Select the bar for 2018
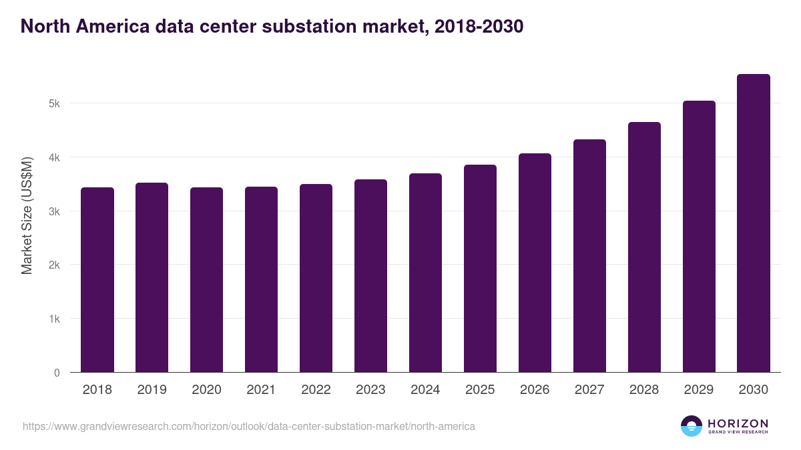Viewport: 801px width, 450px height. pos(97,280)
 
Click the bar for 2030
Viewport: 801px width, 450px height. pos(754,223)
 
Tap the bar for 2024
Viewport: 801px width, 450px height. pos(425,273)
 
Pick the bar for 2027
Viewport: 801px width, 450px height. pos(589,256)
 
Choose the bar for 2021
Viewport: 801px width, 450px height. pos(261,279)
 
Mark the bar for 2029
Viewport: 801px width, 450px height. pos(699,237)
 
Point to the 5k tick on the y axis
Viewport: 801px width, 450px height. pos(54,104)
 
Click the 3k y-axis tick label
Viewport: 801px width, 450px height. pos(54,211)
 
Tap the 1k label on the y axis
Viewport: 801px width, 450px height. pos(54,319)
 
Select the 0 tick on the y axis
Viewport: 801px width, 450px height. pos(57,373)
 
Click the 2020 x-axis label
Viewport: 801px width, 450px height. pos(206,390)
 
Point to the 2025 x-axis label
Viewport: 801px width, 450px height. pos(480,390)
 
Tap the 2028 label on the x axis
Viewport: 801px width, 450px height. pos(644,390)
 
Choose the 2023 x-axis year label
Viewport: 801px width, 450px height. pos(370,390)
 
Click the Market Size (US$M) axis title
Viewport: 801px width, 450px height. pos(27,216)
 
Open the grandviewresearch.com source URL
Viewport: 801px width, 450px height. pos(249,426)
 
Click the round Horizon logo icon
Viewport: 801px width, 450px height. pos(692,426)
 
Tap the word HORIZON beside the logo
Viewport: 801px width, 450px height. pos(738,423)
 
